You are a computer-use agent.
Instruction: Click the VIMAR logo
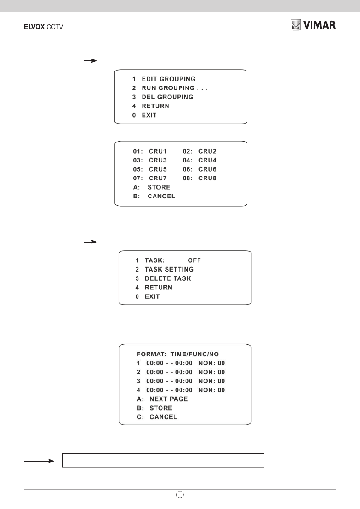pos(313,25)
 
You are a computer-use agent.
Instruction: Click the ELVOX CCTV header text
pos(44,27)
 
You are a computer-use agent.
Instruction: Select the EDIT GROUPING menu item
pos(164,79)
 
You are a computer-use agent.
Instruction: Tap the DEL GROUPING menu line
pos(162,97)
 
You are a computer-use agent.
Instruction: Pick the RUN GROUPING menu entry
pos(170,88)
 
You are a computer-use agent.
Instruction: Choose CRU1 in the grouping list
pos(158,151)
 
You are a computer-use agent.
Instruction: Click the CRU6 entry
pos(207,169)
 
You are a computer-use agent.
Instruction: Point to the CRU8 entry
pos(207,178)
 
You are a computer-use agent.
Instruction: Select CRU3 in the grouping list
pos(158,160)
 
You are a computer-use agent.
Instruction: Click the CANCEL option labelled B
pos(154,197)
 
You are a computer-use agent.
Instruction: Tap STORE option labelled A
pos(151,187)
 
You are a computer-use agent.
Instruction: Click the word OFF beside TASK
pos(194,260)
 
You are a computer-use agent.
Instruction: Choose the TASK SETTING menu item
pos(165,269)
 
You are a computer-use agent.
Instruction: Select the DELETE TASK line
pos(163,278)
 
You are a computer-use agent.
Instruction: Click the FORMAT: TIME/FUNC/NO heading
pos(178,354)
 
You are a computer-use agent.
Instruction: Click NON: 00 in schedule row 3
pos(211,381)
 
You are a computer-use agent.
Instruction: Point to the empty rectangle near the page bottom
pos(163,460)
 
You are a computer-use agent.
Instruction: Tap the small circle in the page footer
pos(180,494)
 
